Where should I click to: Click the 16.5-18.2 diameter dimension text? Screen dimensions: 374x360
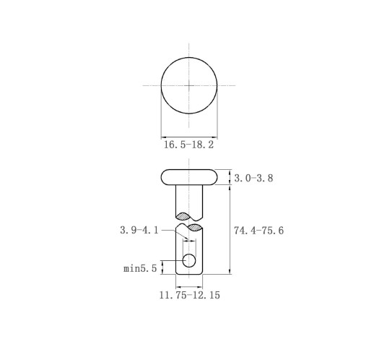tap(188, 145)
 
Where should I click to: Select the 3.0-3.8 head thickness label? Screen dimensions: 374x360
tap(253, 179)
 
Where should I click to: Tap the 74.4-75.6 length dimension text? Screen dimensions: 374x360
tap(259, 231)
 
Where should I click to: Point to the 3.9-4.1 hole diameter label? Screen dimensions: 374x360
tap(139, 230)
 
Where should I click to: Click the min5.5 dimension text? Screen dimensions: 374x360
tap(140, 268)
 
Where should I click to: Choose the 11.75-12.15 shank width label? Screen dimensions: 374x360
tap(190, 295)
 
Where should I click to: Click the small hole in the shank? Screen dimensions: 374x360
tap(189, 260)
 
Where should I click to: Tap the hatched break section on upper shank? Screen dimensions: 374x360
tap(183, 216)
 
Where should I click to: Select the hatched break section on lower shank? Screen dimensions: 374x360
tap(195, 227)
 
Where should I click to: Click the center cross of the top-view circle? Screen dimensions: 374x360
tap(189, 85)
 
